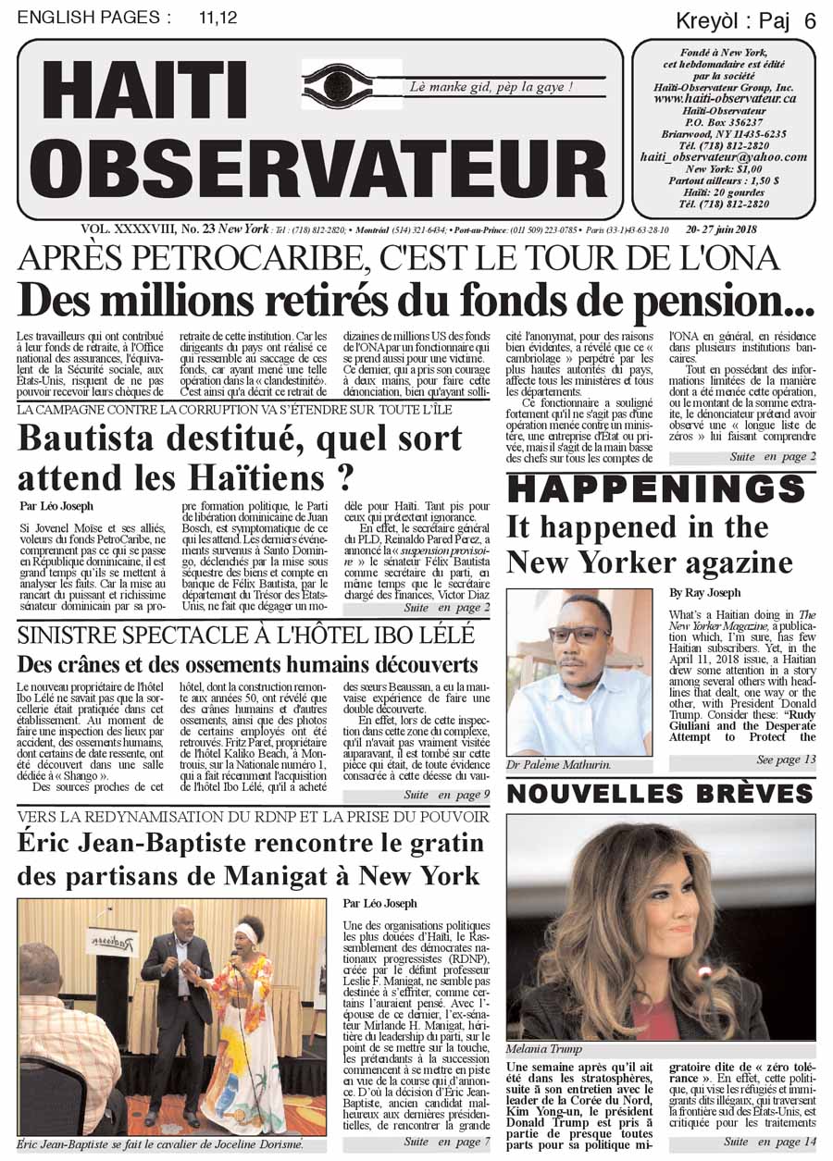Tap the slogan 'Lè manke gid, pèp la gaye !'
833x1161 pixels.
491,87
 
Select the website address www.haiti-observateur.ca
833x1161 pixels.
725,98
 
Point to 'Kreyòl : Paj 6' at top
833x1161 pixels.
746,21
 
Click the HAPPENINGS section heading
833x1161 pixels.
661,489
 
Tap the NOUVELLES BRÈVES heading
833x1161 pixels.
661,794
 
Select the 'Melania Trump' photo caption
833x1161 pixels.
543,1049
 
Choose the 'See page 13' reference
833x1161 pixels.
785,760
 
